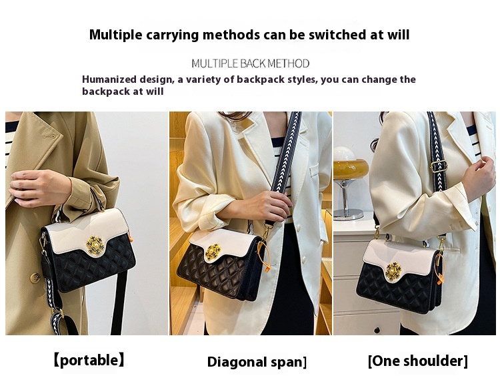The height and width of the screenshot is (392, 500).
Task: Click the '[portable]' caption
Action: (89, 360)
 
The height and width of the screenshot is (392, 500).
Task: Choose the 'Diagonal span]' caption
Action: (257, 362)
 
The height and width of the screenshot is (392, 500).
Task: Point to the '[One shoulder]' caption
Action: (418, 361)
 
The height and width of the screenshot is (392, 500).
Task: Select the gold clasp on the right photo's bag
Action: (393, 270)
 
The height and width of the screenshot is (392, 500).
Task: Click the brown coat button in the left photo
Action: (35, 278)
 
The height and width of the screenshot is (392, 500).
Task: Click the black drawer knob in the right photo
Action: (377, 330)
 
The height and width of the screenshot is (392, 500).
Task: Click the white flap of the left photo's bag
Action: (87, 229)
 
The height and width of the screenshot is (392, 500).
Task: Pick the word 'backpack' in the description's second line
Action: (104, 91)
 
